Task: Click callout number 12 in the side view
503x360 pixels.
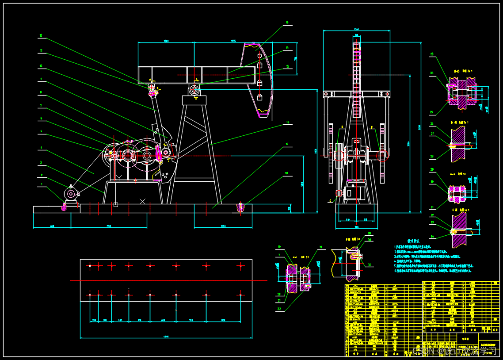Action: [41, 35]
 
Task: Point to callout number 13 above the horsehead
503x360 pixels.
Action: [287, 22]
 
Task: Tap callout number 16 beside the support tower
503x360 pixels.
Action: [287, 123]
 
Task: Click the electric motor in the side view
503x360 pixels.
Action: [70, 194]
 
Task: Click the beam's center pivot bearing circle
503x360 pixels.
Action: [194, 90]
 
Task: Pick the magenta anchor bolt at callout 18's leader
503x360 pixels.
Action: [241, 207]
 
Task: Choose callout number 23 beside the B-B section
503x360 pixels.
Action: [432, 54]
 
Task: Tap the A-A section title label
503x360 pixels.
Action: [453, 174]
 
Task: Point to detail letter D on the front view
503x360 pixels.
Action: [342, 127]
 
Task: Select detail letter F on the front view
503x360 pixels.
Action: [372, 127]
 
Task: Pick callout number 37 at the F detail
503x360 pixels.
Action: [370, 265]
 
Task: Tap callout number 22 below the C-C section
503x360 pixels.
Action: [279, 309]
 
